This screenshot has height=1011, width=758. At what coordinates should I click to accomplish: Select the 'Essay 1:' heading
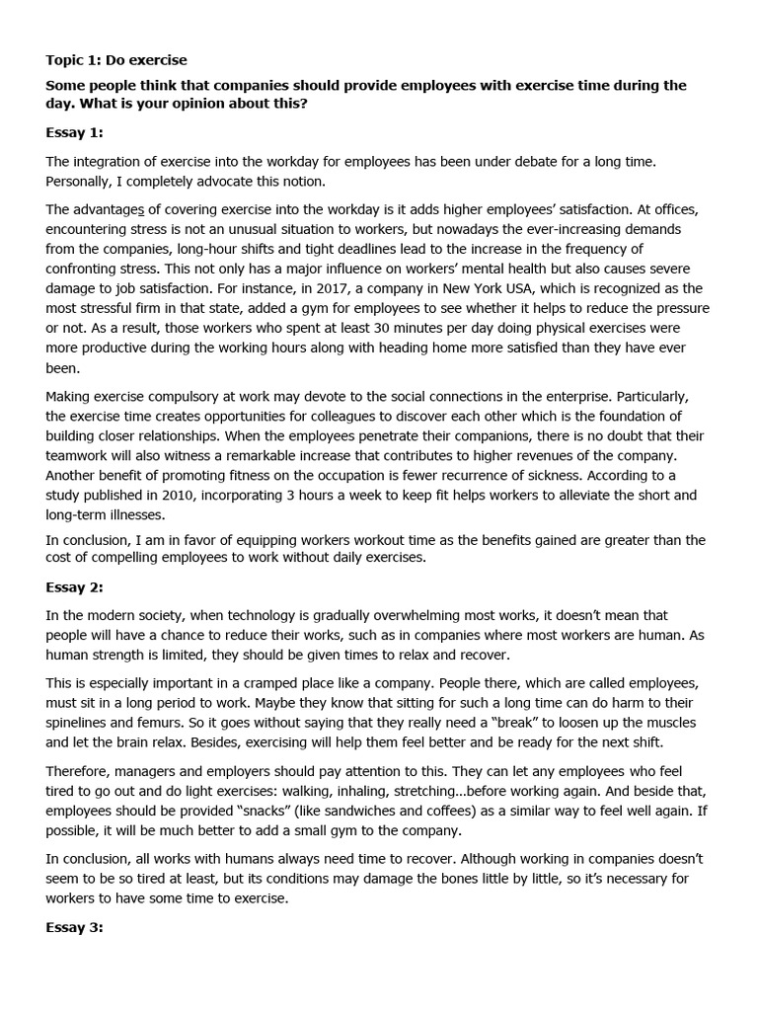click(x=74, y=131)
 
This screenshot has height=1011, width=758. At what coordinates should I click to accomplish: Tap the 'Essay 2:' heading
click(x=74, y=587)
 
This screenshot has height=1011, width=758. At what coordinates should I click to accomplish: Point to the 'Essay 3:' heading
click(x=74, y=928)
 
